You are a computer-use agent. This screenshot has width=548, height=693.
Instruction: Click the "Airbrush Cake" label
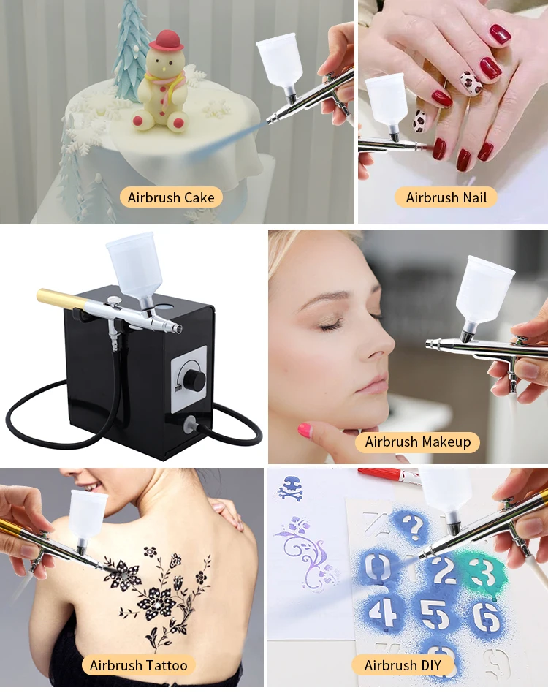click(171, 197)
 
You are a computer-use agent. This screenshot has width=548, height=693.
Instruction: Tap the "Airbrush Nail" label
click(451, 197)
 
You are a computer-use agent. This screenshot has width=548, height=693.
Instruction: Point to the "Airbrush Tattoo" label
click(138, 665)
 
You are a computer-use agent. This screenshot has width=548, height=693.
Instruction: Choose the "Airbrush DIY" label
click(403, 665)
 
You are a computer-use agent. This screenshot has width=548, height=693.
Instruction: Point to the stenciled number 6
click(486, 616)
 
